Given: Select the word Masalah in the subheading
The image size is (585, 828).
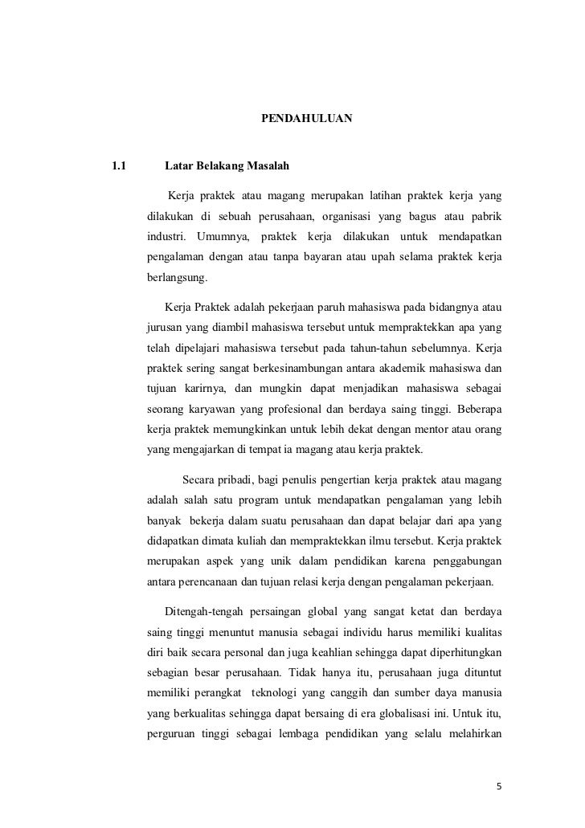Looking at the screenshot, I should (x=270, y=167).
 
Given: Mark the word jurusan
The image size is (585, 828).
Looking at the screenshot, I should (x=166, y=328).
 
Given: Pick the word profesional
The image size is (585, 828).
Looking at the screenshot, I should (x=292, y=411).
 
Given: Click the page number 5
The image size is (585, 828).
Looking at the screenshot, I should (x=499, y=785).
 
